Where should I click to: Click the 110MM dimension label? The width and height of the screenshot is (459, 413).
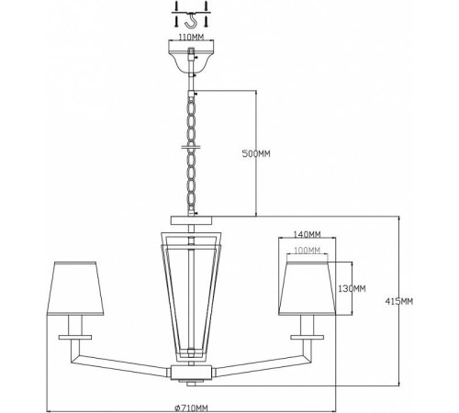tap(191, 38)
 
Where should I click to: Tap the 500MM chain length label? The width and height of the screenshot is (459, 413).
tap(256, 153)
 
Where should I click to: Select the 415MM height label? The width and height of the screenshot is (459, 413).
tap(398, 302)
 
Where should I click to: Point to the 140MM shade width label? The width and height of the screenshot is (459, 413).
tap(307, 234)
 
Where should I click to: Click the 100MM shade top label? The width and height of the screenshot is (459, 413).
tap(307, 251)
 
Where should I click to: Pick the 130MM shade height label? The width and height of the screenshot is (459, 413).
tap(352, 288)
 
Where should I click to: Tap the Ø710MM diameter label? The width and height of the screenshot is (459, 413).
tap(191, 407)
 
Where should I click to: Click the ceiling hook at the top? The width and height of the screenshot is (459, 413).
tap(191, 20)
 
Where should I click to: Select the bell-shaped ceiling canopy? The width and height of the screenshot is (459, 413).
tap(192, 57)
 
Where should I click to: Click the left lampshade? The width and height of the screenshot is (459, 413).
tap(75, 288)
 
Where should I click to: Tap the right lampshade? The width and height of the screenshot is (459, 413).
tap(308, 288)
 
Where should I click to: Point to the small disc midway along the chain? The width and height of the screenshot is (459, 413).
tap(191, 147)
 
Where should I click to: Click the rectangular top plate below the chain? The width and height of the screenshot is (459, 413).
tap(191, 220)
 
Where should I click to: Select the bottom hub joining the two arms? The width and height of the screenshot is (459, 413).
tap(191, 373)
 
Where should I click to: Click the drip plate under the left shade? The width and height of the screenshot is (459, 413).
tap(75, 337)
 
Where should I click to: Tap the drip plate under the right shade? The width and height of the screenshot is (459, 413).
tap(307, 337)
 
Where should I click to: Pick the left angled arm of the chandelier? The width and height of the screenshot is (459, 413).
tap(122, 364)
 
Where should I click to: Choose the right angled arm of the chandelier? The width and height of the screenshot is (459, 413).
tap(260, 364)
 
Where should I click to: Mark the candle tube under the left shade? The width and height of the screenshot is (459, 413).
tap(75, 325)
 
